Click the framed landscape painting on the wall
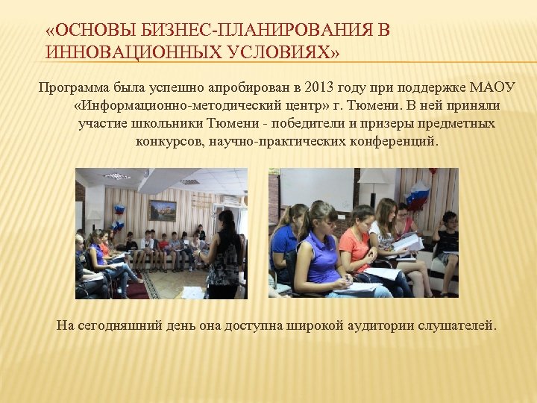pos(163,210)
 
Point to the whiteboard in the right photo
pos(316,186)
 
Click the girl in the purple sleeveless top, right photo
pos(318,250)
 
